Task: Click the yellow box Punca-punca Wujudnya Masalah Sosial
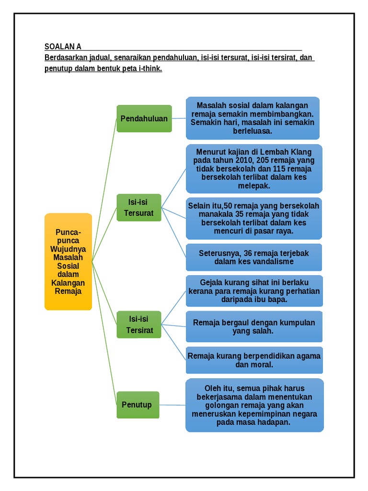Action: [68, 262]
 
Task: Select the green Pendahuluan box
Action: [144, 118]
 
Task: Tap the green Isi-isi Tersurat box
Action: [138, 208]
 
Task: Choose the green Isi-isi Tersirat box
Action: [138, 324]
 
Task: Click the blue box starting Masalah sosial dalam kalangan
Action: [253, 118]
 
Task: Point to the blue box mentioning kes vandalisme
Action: [254, 257]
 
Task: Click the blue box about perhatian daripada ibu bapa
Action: [254, 291]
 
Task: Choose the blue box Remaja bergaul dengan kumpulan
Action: [254, 327]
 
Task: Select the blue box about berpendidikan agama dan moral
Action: [254, 360]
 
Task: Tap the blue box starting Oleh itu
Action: [254, 405]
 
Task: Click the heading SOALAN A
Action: [63, 47]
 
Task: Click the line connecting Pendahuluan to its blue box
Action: [179, 118]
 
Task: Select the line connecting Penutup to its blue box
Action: [172, 405]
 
